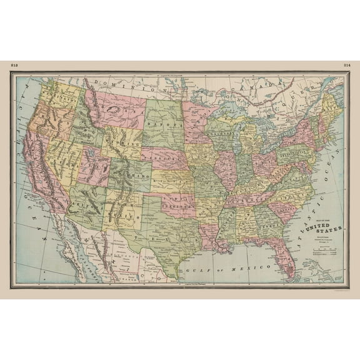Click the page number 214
pos(347,65)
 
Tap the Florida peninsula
pos(288,257)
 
